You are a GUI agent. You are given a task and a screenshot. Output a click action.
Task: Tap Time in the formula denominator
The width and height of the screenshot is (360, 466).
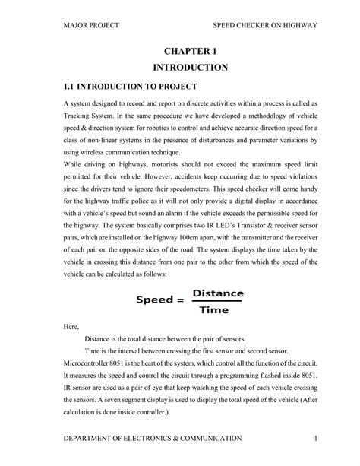click(x=218, y=309)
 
